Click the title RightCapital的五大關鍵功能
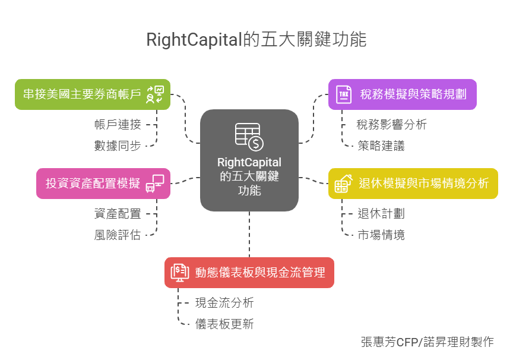[x=256, y=40]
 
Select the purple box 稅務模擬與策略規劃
[x=402, y=94]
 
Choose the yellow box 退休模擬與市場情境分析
[x=413, y=183]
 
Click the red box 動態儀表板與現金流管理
[x=249, y=272]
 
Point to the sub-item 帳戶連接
[x=118, y=125]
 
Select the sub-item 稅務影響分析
[x=391, y=125]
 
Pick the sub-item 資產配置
[x=118, y=214]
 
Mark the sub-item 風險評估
[x=118, y=235]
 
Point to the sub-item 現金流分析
[x=224, y=303]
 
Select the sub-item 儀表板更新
[x=224, y=324]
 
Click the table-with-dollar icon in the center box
[x=249, y=136]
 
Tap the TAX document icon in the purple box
[x=343, y=94]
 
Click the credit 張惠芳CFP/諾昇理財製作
[x=427, y=342]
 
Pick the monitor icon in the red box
[x=180, y=272]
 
